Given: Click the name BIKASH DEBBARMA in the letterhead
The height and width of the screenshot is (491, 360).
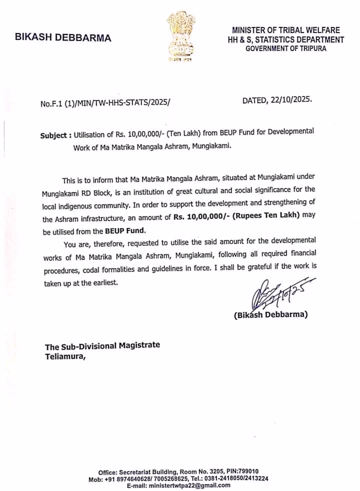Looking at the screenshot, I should pyautogui.click(x=63, y=38).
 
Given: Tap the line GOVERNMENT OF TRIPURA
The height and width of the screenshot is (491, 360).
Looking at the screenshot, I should pyautogui.click(x=285, y=48).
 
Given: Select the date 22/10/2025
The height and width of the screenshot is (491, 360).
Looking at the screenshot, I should pyautogui.click(x=293, y=99).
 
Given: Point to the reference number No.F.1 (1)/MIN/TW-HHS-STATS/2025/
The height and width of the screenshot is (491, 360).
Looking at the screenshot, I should pyautogui.click(x=105, y=104).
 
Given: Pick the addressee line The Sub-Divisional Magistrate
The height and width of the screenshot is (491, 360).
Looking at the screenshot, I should pyautogui.click(x=102, y=346).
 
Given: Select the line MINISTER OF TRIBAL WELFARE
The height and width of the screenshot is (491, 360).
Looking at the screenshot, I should pyautogui.click(x=285, y=30).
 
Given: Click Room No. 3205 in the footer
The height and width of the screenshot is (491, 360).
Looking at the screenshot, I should pyautogui.click(x=200, y=471).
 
